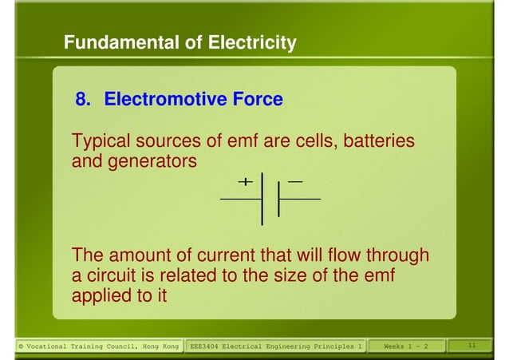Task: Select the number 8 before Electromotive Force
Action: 81,100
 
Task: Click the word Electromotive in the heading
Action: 160,100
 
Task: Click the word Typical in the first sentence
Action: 99,141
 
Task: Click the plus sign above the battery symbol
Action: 245,181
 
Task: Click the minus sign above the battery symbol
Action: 295,182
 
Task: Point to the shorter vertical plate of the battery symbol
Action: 278,199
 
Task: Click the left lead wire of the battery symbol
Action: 240,199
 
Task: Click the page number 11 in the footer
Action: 472,346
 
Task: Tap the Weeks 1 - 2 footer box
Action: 406,346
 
